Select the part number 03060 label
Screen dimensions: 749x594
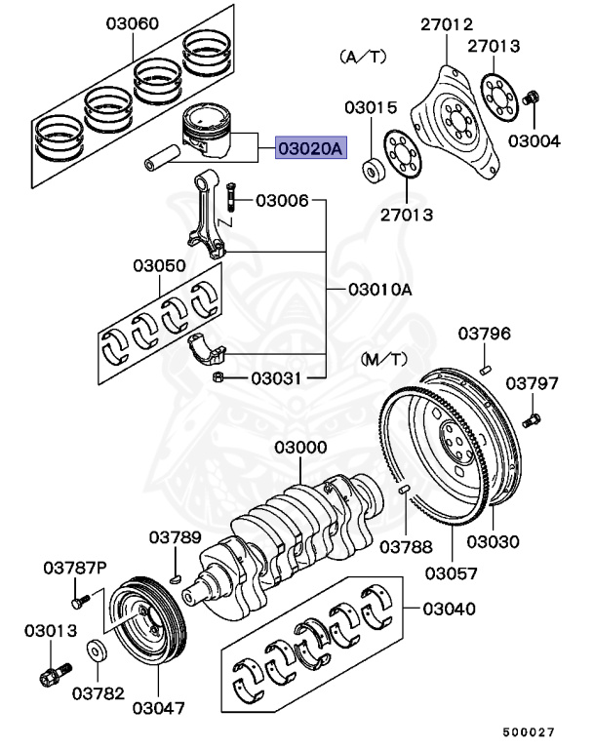click(x=130, y=22)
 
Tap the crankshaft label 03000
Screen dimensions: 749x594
click(x=297, y=447)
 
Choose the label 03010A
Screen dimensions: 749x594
click(x=380, y=290)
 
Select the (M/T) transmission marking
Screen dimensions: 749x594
click(x=386, y=360)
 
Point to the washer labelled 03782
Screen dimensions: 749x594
click(x=98, y=650)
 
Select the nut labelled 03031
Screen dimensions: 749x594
click(x=219, y=376)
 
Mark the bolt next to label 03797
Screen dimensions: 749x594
click(x=532, y=421)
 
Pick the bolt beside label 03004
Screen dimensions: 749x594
click(x=532, y=98)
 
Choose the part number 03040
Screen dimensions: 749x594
click(x=449, y=610)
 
